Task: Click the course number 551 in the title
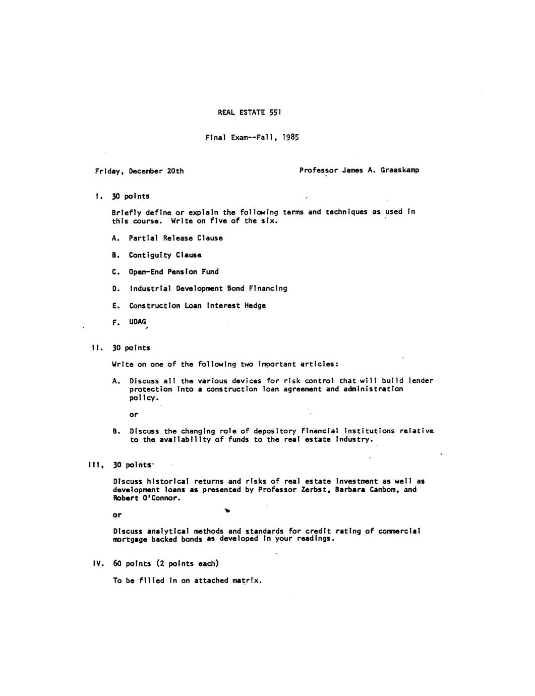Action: (274, 112)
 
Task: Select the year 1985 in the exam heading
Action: (290, 137)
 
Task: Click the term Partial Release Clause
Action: (175, 238)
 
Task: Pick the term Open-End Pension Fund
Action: (173, 272)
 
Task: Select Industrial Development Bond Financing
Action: (208, 288)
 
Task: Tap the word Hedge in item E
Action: (255, 306)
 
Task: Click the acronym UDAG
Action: (137, 322)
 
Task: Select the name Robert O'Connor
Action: (146, 498)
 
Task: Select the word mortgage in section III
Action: (130, 539)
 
